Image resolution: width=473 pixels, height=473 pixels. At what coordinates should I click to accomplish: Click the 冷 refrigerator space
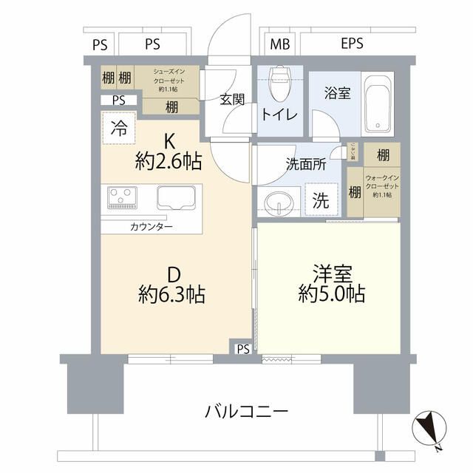(x=118, y=126)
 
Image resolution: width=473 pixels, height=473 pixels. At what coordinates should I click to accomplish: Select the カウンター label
(x=153, y=226)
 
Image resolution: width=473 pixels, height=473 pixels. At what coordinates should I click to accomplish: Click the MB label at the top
(x=279, y=44)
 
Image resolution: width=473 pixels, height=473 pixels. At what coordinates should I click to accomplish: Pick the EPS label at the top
(x=352, y=44)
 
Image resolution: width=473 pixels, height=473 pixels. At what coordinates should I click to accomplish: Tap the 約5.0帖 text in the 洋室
(x=331, y=293)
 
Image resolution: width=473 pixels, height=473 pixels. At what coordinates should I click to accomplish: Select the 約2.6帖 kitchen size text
(x=169, y=163)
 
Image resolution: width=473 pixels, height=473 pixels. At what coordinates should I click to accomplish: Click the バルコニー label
(x=246, y=411)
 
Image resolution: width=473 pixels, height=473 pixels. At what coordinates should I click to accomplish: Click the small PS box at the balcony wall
(x=242, y=349)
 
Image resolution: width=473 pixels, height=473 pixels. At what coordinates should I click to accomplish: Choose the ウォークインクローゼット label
(x=382, y=186)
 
